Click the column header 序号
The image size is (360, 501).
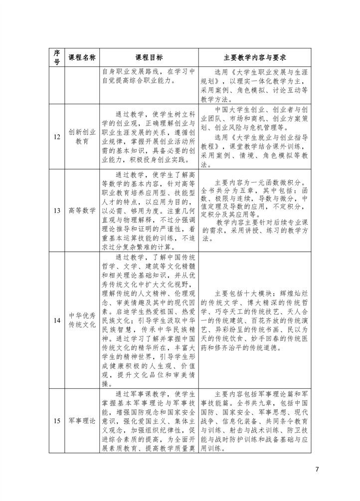pyautogui.click(x=56, y=57)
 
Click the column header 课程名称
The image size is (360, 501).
pyautogui.click(x=82, y=57)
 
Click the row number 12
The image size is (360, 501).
pyautogui.click(x=56, y=136)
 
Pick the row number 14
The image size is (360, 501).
pyautogui.click(x=56, y=321)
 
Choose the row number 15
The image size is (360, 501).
pyautogui.click(x=56, y=420)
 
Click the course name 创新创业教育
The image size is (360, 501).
pyautogui.click(x=82, y=136)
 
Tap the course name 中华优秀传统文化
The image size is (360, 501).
pyautogui.click(x=82, y=321)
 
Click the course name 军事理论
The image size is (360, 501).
pyautogui.click(x=82, y=420)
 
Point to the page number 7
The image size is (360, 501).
pyautogui.click(x=317, y=469)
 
